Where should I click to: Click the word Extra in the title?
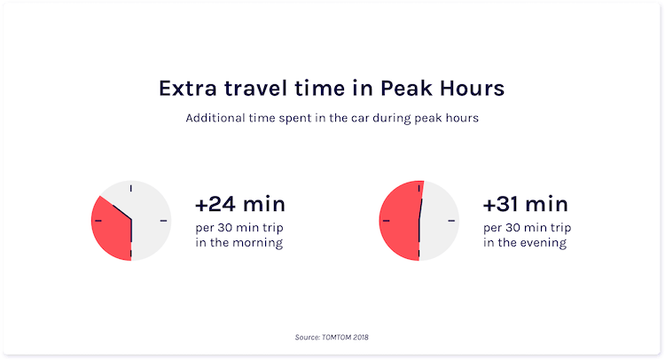(187, 88)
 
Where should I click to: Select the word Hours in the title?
(472, 88)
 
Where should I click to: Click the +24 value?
(215, 204)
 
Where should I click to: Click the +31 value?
(501, 204)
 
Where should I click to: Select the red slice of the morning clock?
(111, 229)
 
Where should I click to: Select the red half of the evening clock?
(399, 221)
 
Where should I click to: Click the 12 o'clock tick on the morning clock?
(131, 188)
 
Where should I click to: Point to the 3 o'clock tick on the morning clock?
(163, 221)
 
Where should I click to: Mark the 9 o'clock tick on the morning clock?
(98, 221)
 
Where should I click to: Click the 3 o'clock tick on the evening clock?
(451, 221)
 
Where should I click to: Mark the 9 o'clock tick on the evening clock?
(387, 221)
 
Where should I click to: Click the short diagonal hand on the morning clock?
(122, 213)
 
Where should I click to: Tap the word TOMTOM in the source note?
(336, 338)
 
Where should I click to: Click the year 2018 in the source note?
(361, 338)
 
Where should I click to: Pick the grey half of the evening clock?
(440, 221)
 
